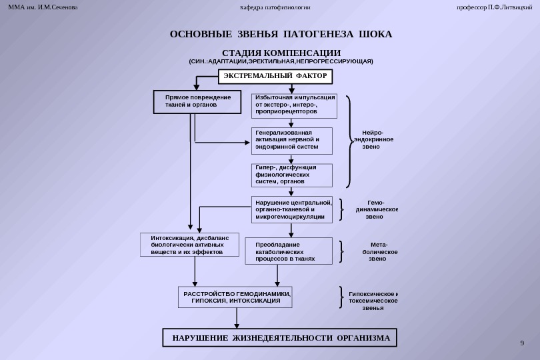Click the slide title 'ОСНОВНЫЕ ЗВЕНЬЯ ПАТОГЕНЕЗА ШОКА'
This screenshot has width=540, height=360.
tap(281, 34)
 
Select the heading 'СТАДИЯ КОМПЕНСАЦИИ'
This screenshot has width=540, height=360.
tap(281, 53)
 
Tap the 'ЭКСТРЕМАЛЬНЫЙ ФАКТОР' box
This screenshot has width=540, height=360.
tap(275, 76)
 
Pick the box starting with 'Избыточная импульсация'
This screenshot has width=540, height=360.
tap(294, 105)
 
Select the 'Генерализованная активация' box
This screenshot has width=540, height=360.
tap(291, 141)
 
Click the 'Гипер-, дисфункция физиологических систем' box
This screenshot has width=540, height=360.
tap(291, 175)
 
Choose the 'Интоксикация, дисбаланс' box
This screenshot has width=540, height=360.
tap(189, 245)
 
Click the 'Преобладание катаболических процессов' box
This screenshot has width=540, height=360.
tap(289, 251)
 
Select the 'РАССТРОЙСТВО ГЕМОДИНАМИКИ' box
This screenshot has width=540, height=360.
tap(236, 297)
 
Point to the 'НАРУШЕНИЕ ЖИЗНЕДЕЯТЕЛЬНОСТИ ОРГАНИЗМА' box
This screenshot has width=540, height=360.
tap(280, 338)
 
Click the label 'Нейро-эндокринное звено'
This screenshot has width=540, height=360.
tap(373, 139)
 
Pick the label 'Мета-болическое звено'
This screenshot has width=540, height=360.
tap(379, 251)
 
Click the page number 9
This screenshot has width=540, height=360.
tap(522, 343)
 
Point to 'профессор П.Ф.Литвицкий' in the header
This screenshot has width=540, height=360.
tap(494, 7)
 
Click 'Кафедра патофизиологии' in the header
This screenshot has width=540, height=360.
tap(275, 7)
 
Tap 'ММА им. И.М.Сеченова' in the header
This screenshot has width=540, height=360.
tap(43, 7)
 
